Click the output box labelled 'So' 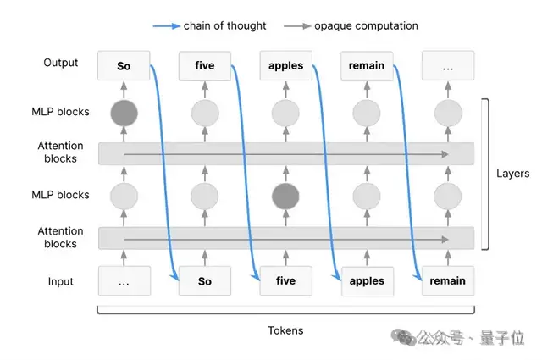(x=124, y=65)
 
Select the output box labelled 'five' (x=204, y=65)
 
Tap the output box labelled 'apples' (x=285, y=65)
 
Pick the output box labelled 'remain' (x=367, y=65)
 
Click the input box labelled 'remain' (x=448, y=280)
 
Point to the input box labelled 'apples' (x=367, y=280)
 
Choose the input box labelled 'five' (x=285, y=280)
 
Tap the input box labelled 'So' (x=204, y=280)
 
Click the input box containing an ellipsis (x=124, y=280)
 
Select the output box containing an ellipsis (x=448, y=65)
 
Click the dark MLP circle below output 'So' (x=124, y=112)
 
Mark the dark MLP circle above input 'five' (x=285, y=196)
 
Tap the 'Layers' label (x=512, y=174)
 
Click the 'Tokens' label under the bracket (x=285, y=330)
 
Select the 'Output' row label (x=60, y=63)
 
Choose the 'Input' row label (x=60, y=281)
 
